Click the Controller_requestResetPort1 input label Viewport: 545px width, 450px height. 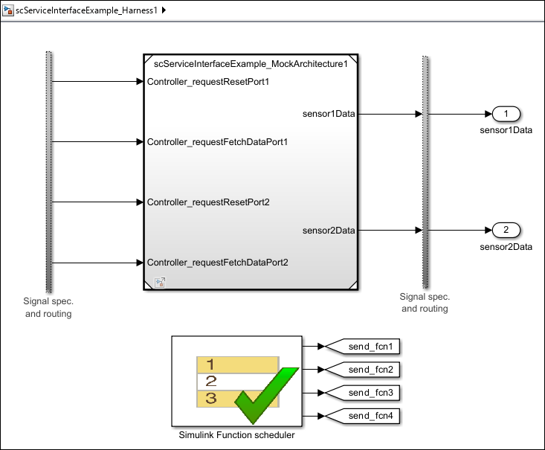tap(207, 81)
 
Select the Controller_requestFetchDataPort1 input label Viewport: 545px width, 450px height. tap(218, 141)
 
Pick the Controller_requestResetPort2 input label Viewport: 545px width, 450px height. tap(208, 202)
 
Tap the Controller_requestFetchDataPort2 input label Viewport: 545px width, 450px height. tap(218, 262)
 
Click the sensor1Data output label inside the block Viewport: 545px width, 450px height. tap(329, 114)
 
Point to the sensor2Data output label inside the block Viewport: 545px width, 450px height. tap(329, 230)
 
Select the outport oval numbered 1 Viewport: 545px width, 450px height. tap(506, 114)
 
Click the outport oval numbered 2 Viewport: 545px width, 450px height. tap(506, 230)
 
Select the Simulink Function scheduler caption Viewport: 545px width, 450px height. tap(236, 435)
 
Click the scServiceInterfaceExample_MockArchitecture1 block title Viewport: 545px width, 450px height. tap(251, 64)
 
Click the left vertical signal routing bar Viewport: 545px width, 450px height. tap(49, 171)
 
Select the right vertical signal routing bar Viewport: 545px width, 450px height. tap(425, 171)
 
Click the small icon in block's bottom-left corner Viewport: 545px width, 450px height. tap(159, 281)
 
